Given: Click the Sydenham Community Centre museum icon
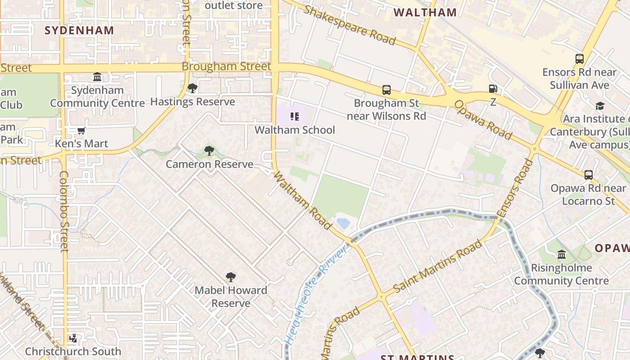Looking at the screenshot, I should pyautogui.click(x=97, y=77).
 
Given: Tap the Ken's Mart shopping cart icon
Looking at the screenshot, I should pyautogui.click(x=81, y=131).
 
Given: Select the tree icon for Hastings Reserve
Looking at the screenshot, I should pyautogui.click(x=192, y=88).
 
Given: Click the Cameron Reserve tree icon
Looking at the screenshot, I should pyautogui.click(x=209, y=151).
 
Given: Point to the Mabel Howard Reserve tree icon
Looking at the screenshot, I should pyautogui.click(x=231, y=277).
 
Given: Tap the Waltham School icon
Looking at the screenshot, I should pyautogui.click(x=295, y=117).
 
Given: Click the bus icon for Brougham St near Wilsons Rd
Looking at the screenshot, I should pyautogui.click(x=387, y=90).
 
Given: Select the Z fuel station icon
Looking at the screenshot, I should pyautogui.click(x=493, y=89).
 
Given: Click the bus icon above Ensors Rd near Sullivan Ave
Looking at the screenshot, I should pyautogui.click(x=580, y=59).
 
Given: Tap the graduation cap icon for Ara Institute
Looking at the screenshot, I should pyautogui.click(x=600, y=106).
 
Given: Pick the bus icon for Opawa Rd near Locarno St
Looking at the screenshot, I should pyautogui.click(x=589, y=175).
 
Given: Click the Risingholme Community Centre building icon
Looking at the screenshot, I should pyautogui.click(x=562, y=255).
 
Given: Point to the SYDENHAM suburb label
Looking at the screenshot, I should pyautogui.click(x=79, y=30).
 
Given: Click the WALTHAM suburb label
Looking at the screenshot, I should pyautogui.click(x=425, y=12).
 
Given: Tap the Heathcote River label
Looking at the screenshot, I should pyautogui.click(x=317, y=295).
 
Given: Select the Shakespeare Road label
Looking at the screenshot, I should pyautogui.click(x=349, y=25).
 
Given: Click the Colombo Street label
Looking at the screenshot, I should pyautogui.click(x=63, y=211).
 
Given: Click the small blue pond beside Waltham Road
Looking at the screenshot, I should pyautogui.click(x=343, y=223).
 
